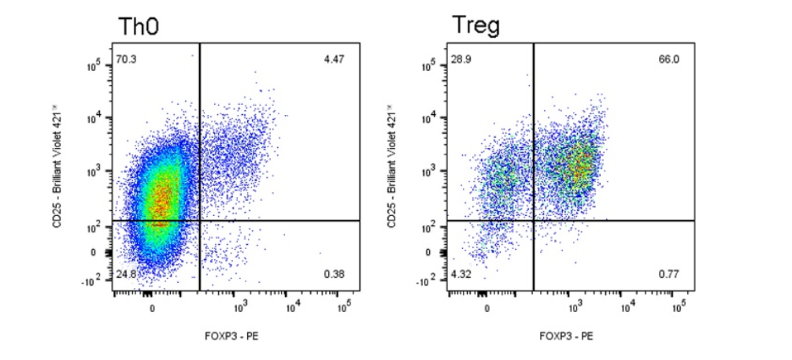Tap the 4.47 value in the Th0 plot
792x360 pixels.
click(x=334, y=58)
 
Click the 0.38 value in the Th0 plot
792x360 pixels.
click(x=334, y=274)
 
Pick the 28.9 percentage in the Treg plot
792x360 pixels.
click(x=461, y=58)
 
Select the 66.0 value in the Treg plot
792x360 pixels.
click(x=668, y=58)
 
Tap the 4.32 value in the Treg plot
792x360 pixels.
click(x=461, y=274)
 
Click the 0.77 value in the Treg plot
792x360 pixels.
click(x=668, y=274)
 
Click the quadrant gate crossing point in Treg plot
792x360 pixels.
click(x=534, y=221)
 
